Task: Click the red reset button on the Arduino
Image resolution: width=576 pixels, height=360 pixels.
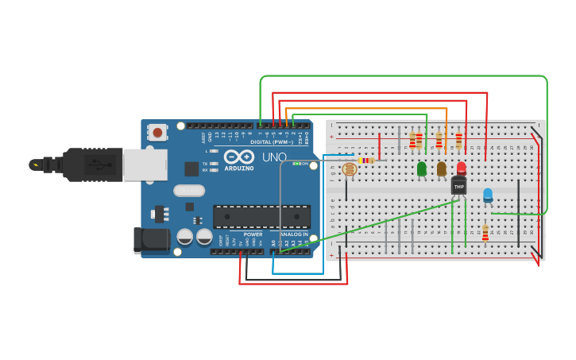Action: (158, 132)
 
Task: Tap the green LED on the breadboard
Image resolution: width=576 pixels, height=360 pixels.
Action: (421, 168)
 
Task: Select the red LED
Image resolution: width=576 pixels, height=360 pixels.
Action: (461, 168)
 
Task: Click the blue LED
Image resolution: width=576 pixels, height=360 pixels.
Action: (488, 195)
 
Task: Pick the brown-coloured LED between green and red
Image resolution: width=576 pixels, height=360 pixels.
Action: (442, 168)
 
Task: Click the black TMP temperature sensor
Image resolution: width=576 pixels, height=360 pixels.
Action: (458, 186)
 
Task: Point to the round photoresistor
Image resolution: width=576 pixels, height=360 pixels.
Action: (350, 168)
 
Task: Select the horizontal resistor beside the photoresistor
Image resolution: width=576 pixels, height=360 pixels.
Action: (366, 161)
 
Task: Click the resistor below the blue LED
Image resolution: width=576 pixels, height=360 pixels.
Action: (485, 232)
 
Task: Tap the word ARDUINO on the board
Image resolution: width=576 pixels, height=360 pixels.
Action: (238, 168)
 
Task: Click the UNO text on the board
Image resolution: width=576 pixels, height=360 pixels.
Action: (274, 157)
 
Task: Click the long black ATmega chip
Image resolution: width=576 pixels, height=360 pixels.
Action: (261, 216)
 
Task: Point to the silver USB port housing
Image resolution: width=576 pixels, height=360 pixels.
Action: (145, 165)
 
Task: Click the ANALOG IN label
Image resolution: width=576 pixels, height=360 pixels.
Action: (292, 234)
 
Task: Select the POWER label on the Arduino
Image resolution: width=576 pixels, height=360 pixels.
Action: (253, 234)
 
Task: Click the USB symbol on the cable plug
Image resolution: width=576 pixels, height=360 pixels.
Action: (99, 165)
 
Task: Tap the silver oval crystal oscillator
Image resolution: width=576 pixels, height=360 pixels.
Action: (190, 191)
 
